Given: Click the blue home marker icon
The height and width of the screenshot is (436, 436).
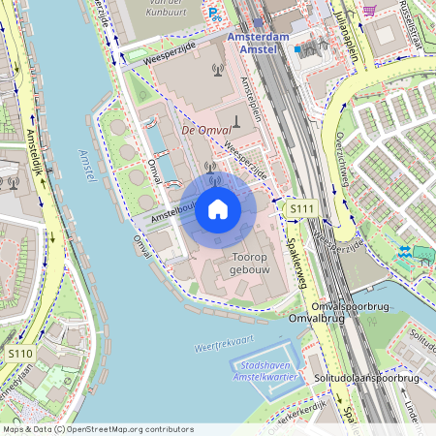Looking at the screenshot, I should click(x=218, y=209).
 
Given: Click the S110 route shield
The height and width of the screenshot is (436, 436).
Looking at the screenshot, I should click(x=19, y=354).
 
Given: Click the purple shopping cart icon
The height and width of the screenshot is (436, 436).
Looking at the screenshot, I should click(x=369, y=10).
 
